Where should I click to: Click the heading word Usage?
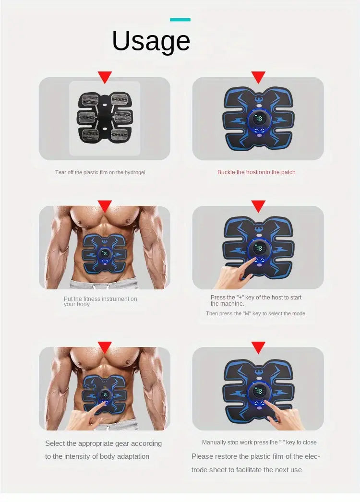[151, 41]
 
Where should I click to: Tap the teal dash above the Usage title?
[180, 20]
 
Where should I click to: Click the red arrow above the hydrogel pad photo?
[105, 77]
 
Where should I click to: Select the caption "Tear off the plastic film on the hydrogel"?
[100, 172]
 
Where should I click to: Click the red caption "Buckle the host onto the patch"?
[256, 172]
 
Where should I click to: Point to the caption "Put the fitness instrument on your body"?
[100, 301]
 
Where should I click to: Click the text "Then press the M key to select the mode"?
[256, 313]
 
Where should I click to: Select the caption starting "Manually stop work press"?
[259, 442]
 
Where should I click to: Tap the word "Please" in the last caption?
[202, 456]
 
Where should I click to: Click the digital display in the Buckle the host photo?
[258, 119]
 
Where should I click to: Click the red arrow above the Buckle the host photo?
[258, 77]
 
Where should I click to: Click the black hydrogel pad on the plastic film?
[104, 118]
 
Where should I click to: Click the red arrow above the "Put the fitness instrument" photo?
[105, 206]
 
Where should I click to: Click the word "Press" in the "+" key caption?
[218, 298]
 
